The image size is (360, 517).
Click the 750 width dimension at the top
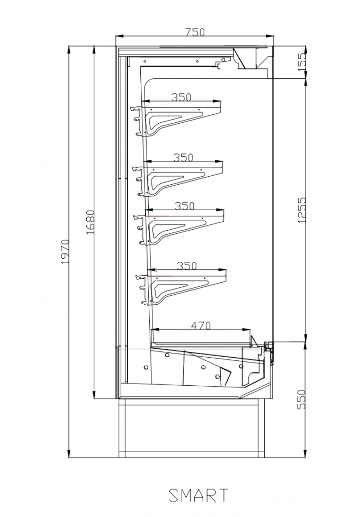[x=195, y=32]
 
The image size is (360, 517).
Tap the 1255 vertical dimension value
[x=302, y=210]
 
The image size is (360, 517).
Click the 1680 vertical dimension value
[x=90, y=222]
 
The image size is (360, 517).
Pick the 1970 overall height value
[x=65, y=251]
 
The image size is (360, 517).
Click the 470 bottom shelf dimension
[x=201, y=325]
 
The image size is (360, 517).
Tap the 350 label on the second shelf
[x=183, y=157]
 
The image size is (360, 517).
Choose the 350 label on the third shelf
[x=184, y=206]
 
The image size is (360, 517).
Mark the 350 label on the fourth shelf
[x=186, y=266]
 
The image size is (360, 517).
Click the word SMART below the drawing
[x=199, y=495]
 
